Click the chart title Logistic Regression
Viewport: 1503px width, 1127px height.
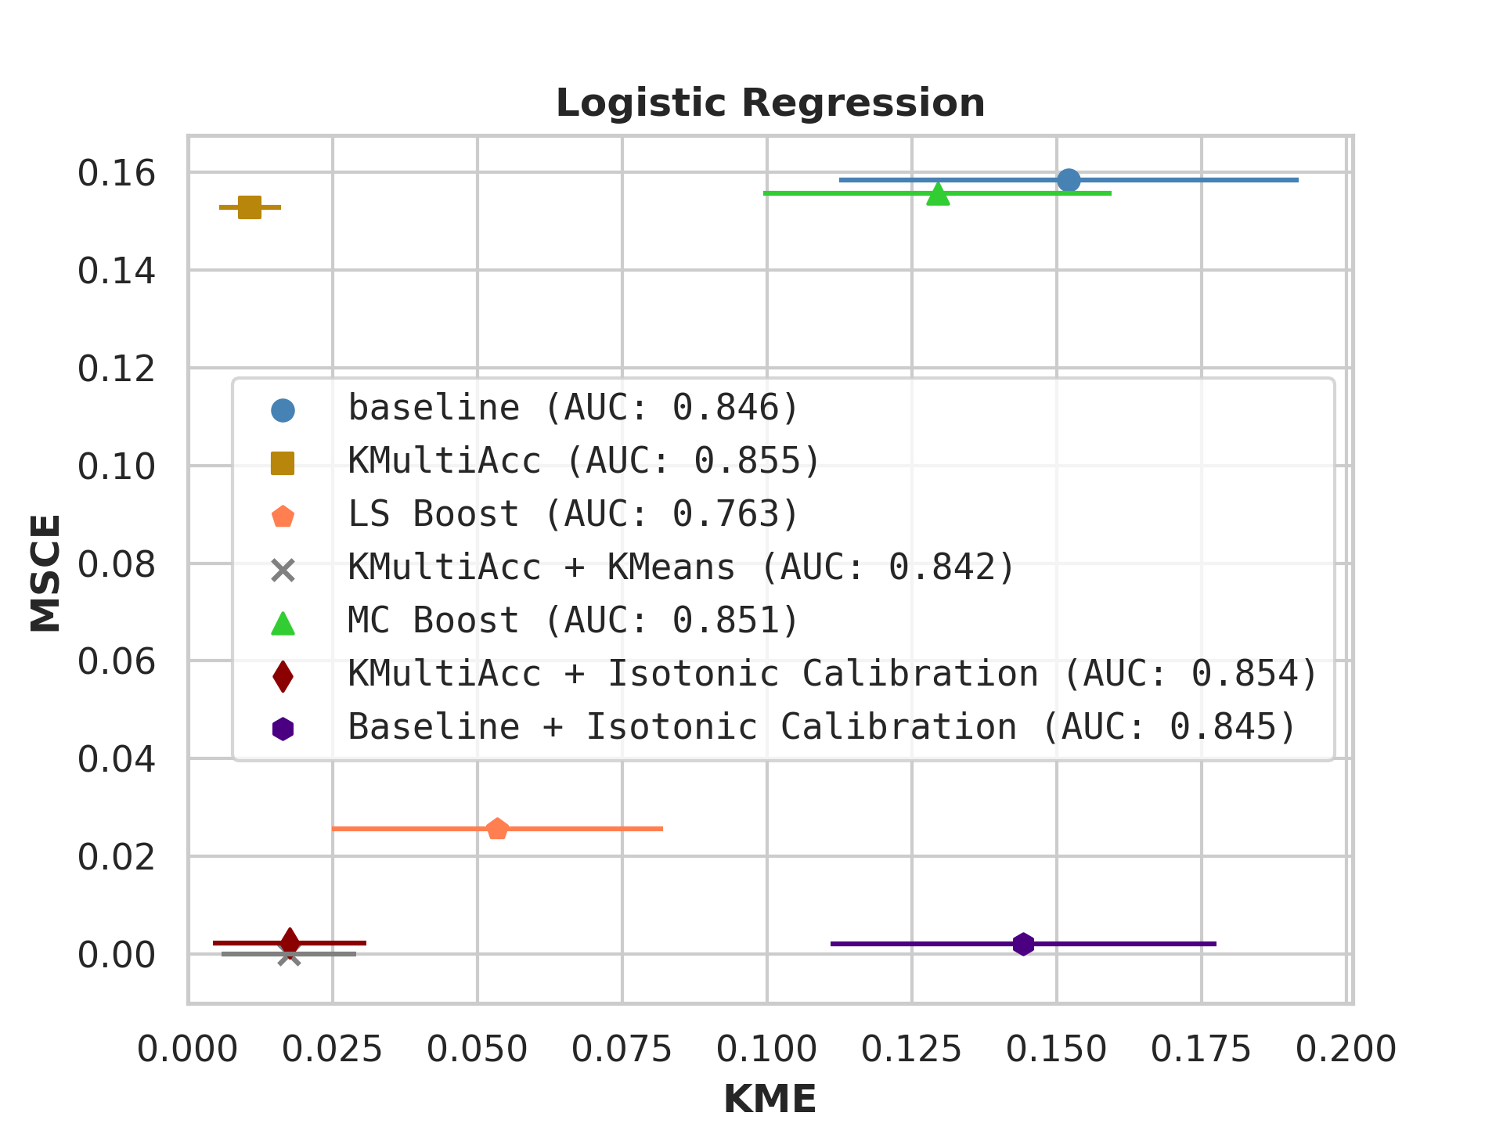click(770, 103)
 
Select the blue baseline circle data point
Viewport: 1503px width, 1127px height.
click(1069, 180)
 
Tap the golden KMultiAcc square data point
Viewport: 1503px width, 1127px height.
click(250, 207)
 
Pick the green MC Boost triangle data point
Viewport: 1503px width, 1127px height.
click(938, 194)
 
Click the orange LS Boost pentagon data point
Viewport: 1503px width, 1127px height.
click(497, 829)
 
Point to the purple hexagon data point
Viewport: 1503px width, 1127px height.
click(1023, 944)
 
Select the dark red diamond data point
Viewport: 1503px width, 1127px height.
click(290, 942)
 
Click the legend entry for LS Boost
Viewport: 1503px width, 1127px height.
click(573, 514)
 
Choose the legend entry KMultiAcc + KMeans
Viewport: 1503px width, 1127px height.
click(681, 567)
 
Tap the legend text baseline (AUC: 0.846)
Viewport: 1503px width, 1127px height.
click(573, 408)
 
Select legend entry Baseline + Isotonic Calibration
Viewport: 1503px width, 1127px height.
click(822, 727)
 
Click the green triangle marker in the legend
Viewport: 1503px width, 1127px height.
click(283, 623)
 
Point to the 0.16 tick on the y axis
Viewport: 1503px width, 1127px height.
click(117, 173)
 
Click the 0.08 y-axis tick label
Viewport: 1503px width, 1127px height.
click(117, 564)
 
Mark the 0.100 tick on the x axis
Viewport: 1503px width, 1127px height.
click(766, 1050)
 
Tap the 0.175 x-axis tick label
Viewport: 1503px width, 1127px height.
click(1201, 1050)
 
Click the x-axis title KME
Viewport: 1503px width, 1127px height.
click(770, 1100)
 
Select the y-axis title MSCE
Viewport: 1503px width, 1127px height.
click(45, 572)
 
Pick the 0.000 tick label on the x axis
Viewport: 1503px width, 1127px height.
click(188, 1050)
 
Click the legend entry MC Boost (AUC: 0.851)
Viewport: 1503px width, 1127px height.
click(573, 621)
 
